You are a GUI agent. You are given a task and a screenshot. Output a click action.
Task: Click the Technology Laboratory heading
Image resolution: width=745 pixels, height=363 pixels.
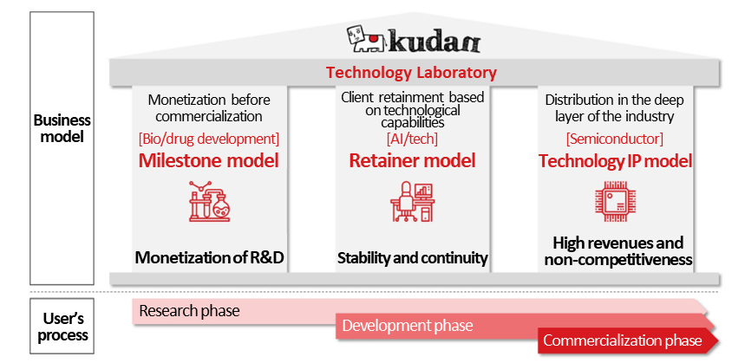coord(411,73)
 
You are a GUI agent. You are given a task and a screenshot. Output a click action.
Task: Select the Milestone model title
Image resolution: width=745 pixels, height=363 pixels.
coord(208,160)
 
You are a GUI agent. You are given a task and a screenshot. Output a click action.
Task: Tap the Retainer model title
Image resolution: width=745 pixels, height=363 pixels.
coord(412,160)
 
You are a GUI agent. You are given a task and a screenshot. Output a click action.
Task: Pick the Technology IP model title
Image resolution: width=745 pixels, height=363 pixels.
coord(615,161)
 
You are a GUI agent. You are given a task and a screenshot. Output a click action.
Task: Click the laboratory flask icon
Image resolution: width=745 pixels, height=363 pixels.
coord(209,201)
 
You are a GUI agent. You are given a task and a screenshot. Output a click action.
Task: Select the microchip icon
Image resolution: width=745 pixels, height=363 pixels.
coord(615,201)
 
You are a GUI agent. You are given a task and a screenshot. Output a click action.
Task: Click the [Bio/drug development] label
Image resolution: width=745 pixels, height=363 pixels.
coord(208,139)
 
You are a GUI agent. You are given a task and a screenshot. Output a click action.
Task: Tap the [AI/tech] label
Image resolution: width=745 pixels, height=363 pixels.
coord(412,139)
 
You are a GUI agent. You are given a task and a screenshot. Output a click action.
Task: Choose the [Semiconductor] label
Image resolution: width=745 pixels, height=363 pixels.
coord(615,139)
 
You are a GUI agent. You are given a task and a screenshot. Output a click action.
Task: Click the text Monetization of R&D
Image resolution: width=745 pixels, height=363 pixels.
coord(210,257)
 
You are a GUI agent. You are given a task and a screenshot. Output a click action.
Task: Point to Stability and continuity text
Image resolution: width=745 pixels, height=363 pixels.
coord(413,258)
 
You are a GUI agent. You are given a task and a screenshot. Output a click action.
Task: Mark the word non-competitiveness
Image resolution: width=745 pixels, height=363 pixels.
coord(618,260)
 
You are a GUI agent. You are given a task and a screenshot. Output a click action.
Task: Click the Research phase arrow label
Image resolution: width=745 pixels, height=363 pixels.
coord(189,311)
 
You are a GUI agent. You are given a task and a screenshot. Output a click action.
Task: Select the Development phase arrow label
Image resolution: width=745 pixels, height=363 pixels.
coord(407,326)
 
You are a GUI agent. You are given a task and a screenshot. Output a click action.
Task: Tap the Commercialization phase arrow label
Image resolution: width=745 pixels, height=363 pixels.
coord(623,340)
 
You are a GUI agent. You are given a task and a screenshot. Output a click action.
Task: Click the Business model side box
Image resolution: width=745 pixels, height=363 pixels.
coord(62,148)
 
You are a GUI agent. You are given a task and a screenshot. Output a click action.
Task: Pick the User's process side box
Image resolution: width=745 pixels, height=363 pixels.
coord(62,326)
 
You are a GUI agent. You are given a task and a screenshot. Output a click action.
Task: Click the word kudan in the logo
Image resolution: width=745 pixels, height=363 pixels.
coord(435,41)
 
